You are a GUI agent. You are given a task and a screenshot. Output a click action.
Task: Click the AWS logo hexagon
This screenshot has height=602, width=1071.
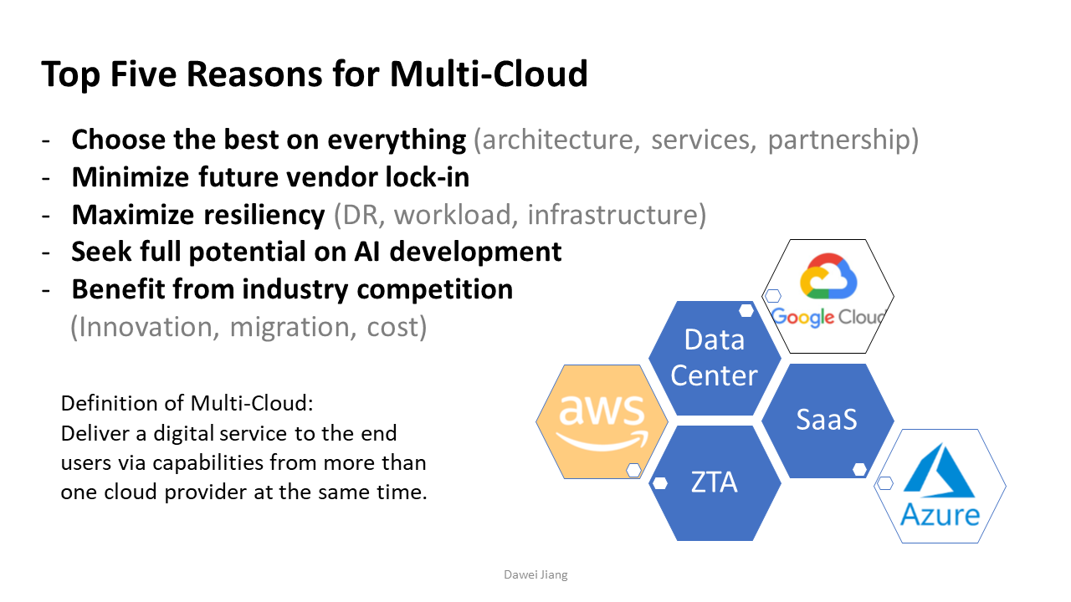click(x=602, y=421)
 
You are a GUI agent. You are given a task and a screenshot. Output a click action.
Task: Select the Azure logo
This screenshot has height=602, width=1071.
click(x=940, y=486)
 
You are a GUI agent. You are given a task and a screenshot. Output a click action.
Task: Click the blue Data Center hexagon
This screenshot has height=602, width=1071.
click(x=714, y=358)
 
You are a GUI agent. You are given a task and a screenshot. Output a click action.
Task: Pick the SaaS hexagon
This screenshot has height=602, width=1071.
click(x=827, y=419)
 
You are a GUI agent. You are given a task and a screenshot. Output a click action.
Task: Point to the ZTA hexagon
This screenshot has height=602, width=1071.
click(x=714, y=482)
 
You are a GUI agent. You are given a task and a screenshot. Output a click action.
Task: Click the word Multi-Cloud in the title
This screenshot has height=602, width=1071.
click(x=489, y=74)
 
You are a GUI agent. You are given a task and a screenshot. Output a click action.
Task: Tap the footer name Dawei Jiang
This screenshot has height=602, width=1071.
click(x=535, y=575)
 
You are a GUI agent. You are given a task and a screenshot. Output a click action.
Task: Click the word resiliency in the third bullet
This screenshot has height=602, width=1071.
click(x=265, y=215)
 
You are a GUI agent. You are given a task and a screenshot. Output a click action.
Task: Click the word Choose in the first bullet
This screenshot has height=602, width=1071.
click(x=119, y=140)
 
